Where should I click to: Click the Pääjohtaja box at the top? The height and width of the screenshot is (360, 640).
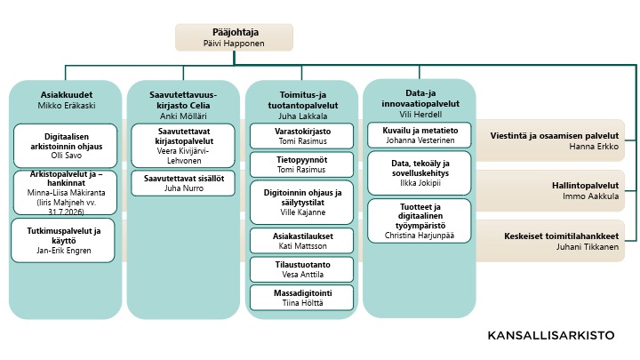point(234,36)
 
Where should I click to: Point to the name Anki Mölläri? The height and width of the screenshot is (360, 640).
point(183,116)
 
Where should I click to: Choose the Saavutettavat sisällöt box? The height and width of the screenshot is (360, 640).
point(183,183)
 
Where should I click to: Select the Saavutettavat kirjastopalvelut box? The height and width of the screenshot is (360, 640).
point(183,145)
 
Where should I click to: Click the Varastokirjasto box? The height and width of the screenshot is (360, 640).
point(303,136)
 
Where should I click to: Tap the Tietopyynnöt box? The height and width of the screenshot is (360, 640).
point(303,164)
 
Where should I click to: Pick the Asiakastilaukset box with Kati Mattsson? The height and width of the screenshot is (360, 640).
point(303,241)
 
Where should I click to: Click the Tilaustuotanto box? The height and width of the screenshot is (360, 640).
point(303,269)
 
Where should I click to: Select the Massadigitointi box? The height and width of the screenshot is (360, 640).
point(303,297)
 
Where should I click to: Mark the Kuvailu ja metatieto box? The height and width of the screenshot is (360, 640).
point(420,134)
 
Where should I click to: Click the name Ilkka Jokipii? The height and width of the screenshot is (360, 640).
point(420,183)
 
